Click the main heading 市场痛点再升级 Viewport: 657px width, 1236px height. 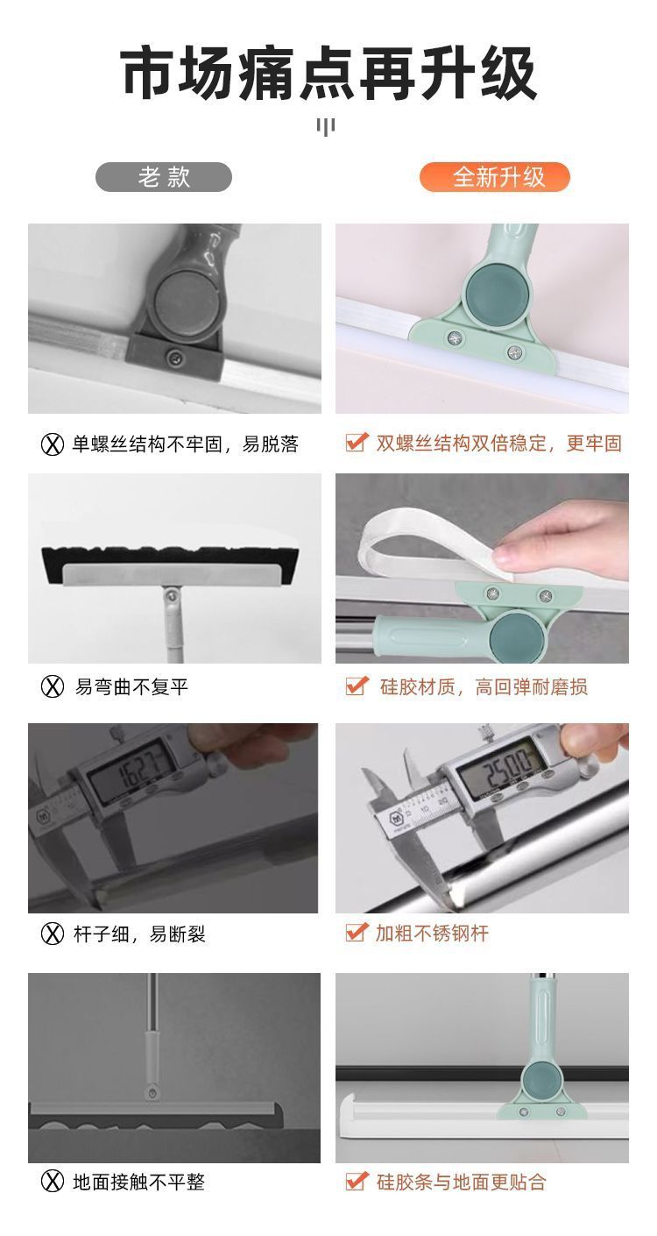click(328, 74)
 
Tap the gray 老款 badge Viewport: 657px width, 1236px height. click(164, 177)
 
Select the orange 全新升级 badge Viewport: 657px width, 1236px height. click(494, 177)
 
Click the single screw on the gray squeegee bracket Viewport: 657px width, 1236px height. click(176, 359)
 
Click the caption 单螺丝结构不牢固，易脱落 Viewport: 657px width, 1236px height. click(186, 444)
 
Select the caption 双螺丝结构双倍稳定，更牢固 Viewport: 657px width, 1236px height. click(499, 443)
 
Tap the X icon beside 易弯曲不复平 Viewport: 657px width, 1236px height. click(53, 687)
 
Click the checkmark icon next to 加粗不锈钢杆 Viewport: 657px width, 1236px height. click(357, 932)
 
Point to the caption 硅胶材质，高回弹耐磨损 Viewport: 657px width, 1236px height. click(484, 687)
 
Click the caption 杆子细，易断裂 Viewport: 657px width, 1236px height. click(139, 934)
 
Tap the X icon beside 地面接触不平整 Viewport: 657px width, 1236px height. click(53, 1182)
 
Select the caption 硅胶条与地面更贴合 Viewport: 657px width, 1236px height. click(461, 1182)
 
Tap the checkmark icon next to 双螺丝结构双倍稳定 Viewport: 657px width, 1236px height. click(357, 442)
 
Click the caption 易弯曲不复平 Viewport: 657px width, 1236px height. click(131, 687)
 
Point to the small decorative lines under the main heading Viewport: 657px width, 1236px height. click(326, 127)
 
